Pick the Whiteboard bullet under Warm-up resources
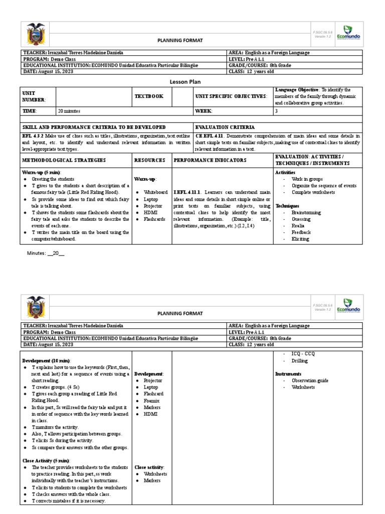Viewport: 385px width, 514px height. tap(155, 192)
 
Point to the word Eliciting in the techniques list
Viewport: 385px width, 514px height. tap(301, 239)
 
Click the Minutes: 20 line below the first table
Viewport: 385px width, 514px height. tap(46, 253)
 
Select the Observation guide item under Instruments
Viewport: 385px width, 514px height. tap(310, 380)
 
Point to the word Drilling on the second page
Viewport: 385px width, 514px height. tap(300, 361)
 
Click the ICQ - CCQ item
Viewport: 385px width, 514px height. tap(303, 354)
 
